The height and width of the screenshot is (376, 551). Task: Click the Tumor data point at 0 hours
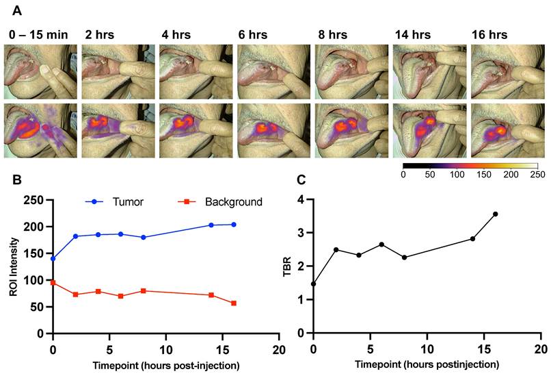click(53, 259)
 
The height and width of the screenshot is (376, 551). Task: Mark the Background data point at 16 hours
click(234, 303)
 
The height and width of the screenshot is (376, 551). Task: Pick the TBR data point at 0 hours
click(313, 284)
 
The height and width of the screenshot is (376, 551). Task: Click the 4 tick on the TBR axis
click(301, 200)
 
